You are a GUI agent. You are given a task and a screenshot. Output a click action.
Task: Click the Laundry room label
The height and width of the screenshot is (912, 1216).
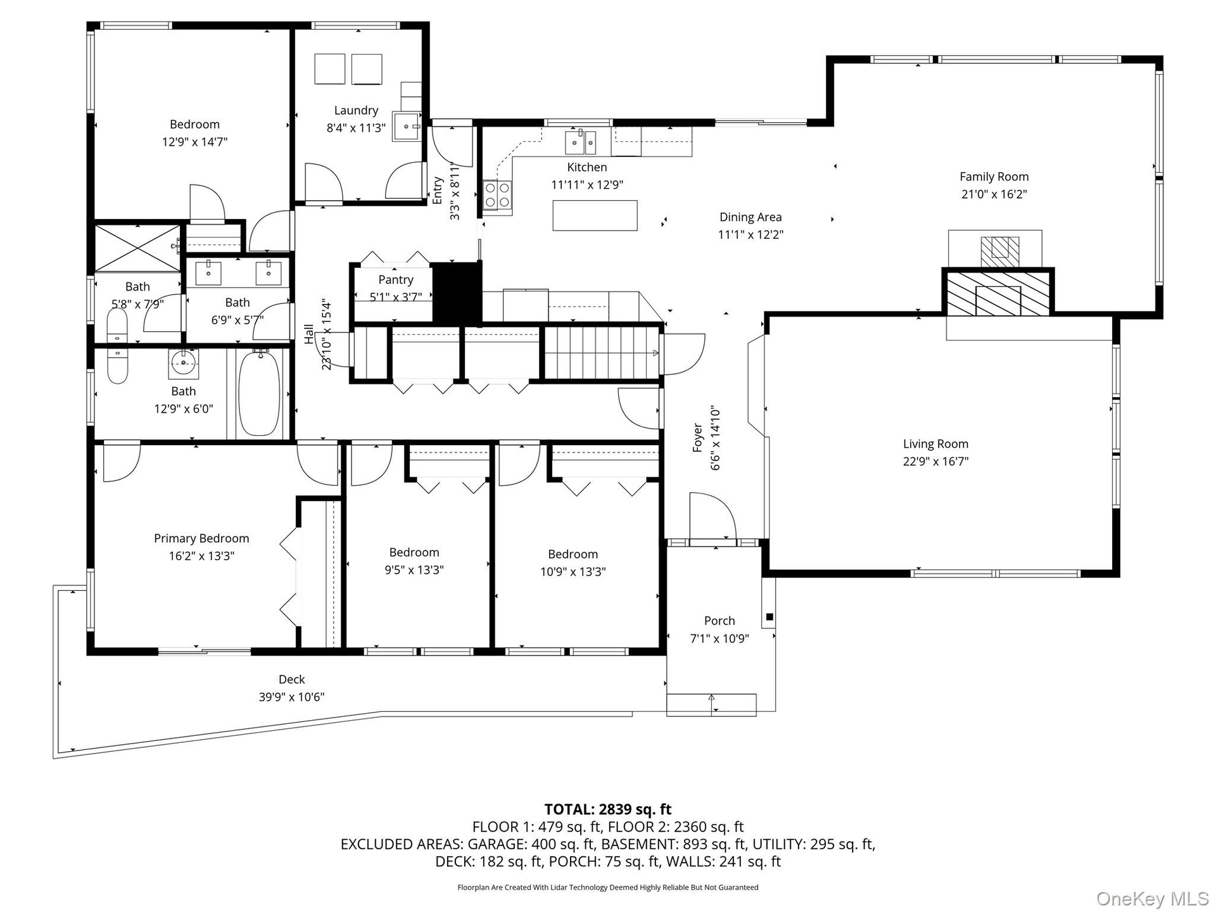(356, 111)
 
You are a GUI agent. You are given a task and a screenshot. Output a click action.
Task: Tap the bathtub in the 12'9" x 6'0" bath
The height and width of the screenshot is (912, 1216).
(258, 393)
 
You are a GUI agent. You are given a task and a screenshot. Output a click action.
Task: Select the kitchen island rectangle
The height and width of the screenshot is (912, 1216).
(595, 215)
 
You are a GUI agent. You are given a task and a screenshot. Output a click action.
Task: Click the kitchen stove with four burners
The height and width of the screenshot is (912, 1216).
(498, 195)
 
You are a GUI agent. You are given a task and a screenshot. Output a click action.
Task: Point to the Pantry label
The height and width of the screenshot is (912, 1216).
(396, 280)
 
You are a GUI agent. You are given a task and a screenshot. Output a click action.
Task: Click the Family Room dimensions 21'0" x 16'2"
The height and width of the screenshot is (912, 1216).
(994, 194)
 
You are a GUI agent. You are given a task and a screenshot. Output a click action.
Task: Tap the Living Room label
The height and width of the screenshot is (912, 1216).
(935, 444)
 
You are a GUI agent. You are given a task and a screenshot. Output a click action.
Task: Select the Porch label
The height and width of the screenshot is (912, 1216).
(719, 621)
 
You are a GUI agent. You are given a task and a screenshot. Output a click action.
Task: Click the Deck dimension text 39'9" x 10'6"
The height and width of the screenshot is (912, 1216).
(291, 697)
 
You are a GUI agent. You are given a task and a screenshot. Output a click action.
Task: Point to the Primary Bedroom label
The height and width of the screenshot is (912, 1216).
(201, 538)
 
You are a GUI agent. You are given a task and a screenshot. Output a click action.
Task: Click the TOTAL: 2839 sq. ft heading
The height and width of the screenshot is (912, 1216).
(608, 809)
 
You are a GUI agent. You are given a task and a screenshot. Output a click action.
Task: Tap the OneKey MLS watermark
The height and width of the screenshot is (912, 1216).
(1153, 899)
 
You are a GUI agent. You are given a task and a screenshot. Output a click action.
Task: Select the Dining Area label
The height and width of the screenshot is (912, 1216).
(750, 217)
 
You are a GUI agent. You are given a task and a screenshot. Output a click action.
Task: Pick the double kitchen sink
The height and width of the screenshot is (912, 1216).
(581, 142)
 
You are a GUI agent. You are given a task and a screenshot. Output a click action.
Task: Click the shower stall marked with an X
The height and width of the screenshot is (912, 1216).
(138, 248)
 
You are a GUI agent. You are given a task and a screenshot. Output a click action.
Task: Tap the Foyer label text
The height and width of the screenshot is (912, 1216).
(698, 438)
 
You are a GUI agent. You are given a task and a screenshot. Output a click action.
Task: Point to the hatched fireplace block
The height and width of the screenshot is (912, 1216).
(998, 292)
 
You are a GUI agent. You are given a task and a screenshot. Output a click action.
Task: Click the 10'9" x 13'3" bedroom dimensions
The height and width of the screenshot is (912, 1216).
(573, 572)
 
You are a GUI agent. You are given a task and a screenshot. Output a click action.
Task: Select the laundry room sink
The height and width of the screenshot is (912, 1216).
(406, 127)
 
